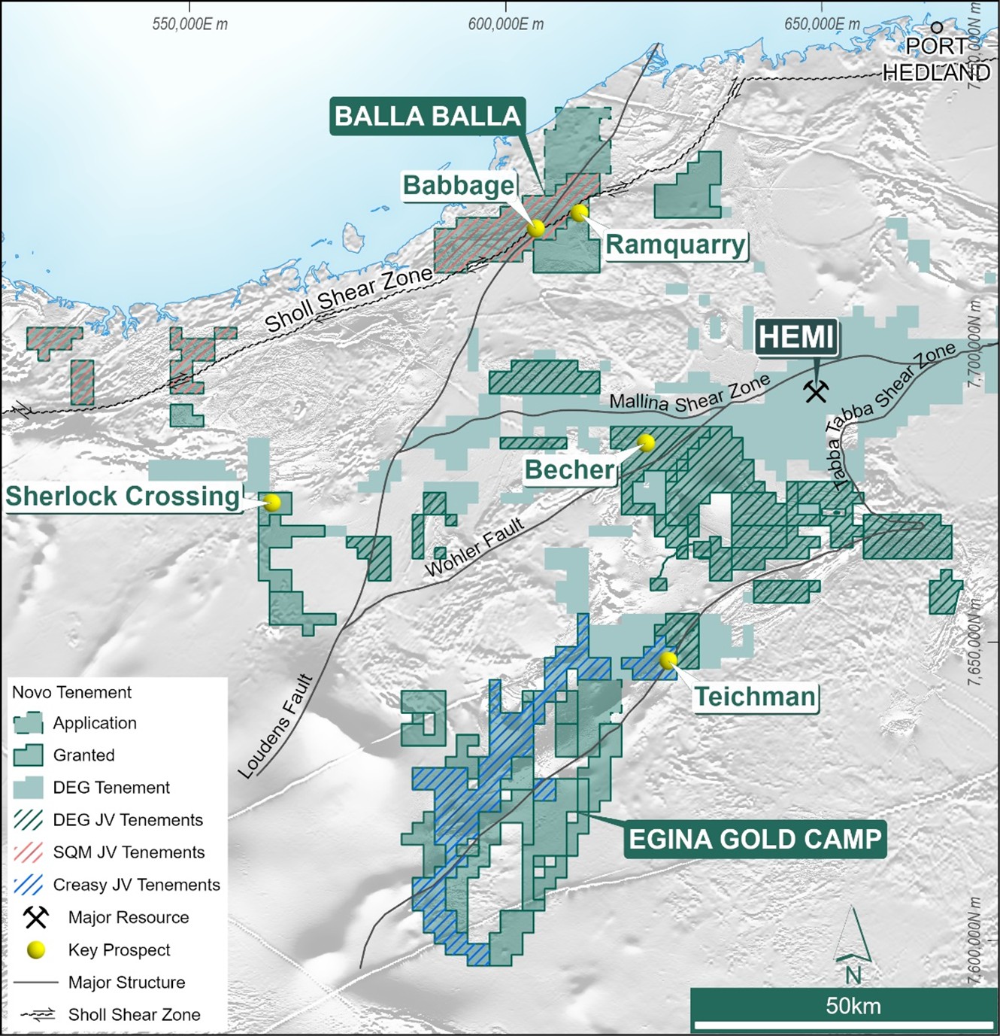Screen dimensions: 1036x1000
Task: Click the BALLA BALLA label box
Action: [427, 117]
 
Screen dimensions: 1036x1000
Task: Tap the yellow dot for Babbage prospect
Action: [535, 228]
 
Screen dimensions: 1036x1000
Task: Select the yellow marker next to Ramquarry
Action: [578, 213]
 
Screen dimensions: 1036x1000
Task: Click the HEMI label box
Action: [796, 337]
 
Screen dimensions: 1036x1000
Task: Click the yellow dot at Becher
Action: [645, 442]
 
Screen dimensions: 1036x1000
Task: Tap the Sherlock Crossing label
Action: [123, 497]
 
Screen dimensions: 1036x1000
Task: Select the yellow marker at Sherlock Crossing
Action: [272, 502]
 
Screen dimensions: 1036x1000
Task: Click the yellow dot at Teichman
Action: [668, 660]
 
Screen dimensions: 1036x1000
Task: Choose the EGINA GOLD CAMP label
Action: [755, 839]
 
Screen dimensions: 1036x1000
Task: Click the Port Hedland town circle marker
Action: [937, 27]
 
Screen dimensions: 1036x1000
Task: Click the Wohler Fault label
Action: [474, 548]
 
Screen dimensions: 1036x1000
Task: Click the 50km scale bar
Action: [844, 1024]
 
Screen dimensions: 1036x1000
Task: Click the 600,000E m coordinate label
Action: [505, 24]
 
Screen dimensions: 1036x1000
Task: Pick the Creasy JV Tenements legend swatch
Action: [29, 885]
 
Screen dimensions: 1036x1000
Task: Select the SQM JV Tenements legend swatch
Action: [29, 852]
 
